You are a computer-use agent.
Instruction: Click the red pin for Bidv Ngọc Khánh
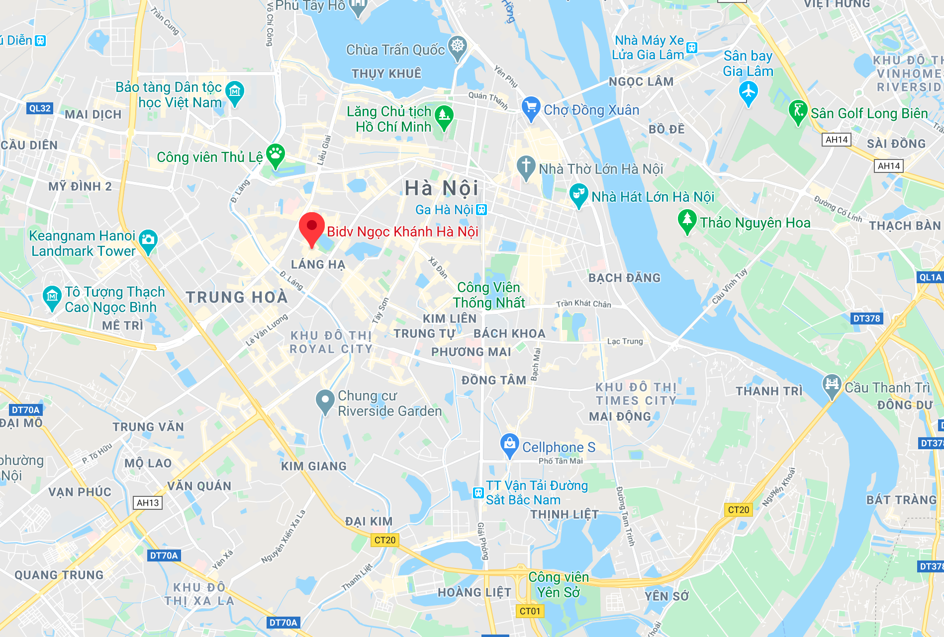tap(312, 227)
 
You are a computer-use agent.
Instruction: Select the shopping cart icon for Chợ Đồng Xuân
tap(531, 107)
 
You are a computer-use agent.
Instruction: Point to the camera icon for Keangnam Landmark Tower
tap(148, 240)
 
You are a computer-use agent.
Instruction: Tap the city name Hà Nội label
tap(441, 188)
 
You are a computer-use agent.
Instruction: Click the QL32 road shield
tap(40, 108)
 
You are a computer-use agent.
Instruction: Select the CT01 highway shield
tap(530, 611)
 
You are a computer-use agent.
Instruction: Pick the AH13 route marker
tap(148, 503)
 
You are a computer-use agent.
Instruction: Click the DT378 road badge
tap(866, 318)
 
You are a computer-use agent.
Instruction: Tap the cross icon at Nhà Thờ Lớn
tap(526, 166)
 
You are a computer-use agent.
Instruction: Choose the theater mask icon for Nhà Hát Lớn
tap(578, 194)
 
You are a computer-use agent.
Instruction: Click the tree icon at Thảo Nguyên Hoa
tap(687, 220)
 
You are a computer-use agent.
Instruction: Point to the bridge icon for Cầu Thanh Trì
tap(831, 384)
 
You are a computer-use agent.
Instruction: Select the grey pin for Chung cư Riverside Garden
tap(325, 400)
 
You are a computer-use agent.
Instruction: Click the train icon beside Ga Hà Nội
tap(481, 210)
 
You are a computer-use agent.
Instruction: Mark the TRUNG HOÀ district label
tap(237, 297)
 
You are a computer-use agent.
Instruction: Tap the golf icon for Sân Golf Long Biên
tap(798, 111)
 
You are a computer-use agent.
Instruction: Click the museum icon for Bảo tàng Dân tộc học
tap(235, 92)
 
